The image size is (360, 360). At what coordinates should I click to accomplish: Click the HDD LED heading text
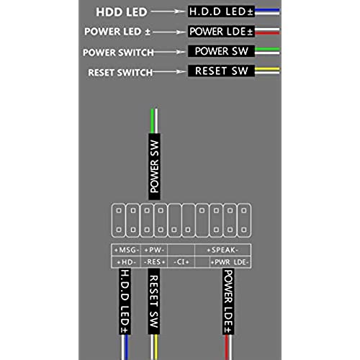click(122, 12)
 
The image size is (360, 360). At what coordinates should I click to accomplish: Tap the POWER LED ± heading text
click(117, 32)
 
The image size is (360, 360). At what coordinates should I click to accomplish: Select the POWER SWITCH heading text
click(118, 53)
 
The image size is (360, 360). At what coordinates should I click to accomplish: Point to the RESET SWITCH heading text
click(120, 73)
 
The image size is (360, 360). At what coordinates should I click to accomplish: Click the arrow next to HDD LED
click(168, 12)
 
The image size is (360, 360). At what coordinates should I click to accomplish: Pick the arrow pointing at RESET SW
click(169, 71)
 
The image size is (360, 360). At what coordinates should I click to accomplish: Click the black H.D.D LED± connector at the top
click(221, 12)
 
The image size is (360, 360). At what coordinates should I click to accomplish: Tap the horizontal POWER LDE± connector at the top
click(221, 32)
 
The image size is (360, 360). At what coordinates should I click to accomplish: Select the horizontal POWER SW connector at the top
click(221, 51)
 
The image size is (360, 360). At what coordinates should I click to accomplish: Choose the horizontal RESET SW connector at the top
click(221, 71)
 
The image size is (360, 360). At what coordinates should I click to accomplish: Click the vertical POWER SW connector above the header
click(154, 166)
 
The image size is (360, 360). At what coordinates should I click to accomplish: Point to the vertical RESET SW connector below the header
click(154, 301)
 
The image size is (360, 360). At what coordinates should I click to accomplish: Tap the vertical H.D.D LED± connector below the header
click(125, 301)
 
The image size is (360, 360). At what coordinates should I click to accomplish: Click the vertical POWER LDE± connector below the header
click(228, 302)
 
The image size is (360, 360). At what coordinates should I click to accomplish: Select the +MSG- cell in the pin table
click(126, 250)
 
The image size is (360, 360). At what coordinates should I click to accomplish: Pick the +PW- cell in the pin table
click(154, 250)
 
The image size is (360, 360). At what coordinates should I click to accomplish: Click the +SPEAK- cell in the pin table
click(222, 250)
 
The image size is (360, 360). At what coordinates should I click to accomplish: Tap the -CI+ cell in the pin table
click(181, 262)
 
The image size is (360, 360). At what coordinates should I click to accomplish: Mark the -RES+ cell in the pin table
click(154, 262)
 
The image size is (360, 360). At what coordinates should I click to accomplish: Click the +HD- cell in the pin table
click(126, 262)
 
